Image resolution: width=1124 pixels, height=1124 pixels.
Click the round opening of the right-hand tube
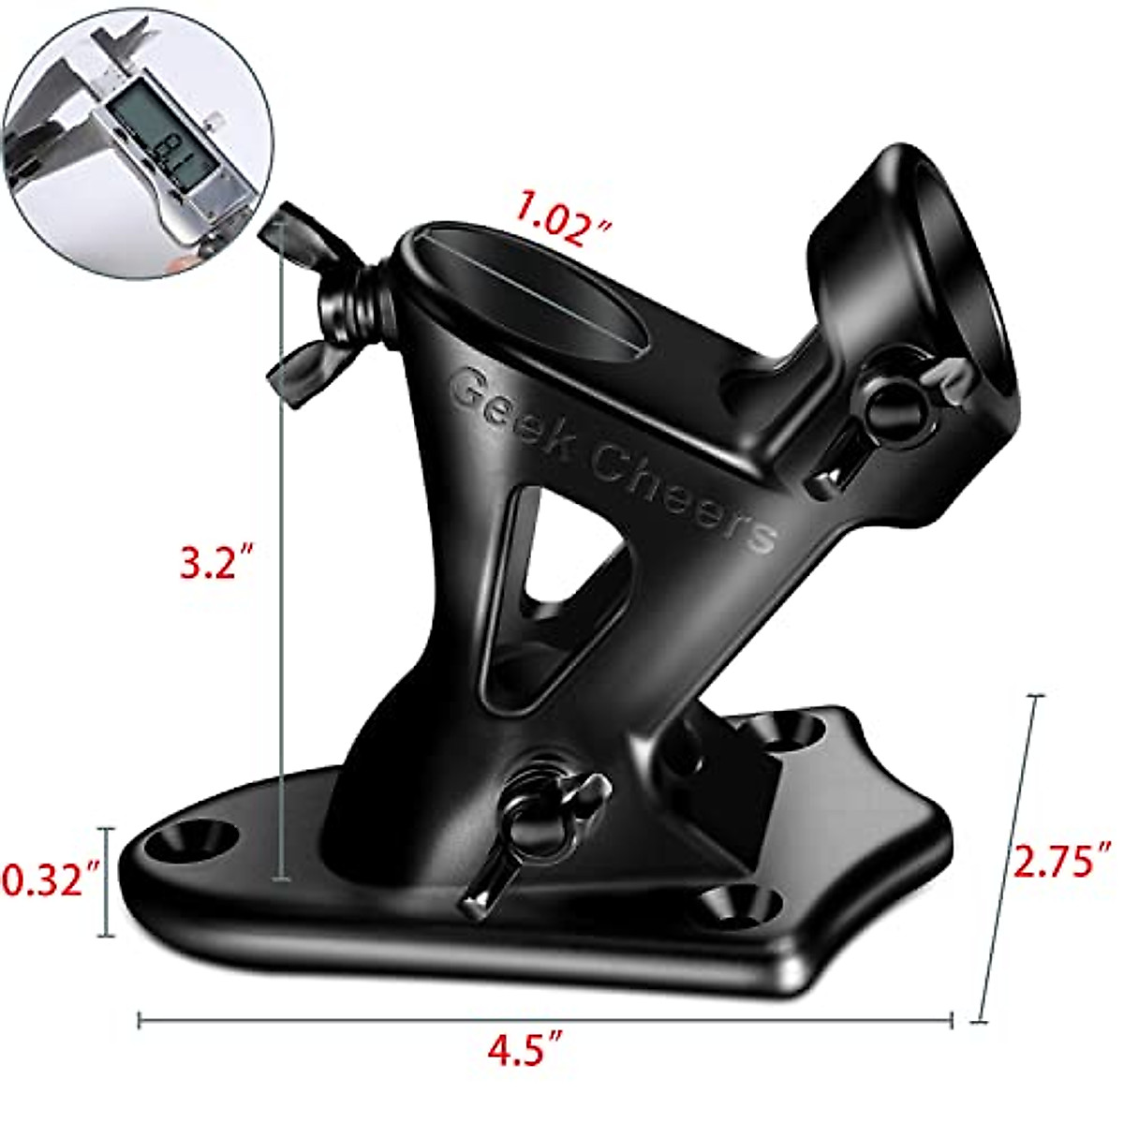pyautogui.click(x=965, y=281)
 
